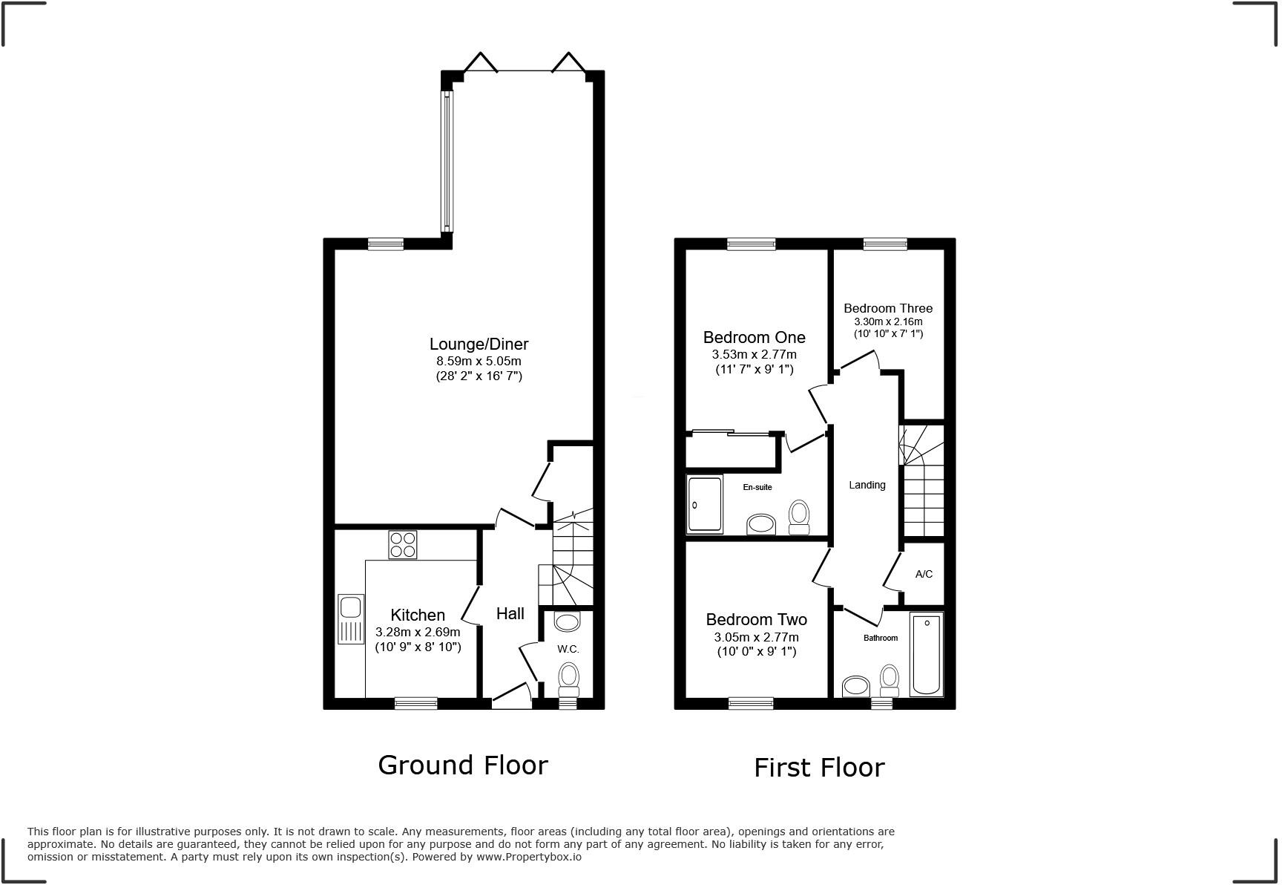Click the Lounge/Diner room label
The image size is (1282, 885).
tap(479, 344)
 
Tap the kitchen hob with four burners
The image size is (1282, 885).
tap(402, 545)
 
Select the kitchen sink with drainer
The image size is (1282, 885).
tap(349, 618)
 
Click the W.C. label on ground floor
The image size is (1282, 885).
tap(568, 649)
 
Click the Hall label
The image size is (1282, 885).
tap(510, 613)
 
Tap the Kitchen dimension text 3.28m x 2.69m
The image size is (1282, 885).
tap(418, 633)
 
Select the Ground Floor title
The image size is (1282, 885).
tap(463, 765)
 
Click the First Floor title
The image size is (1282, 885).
tap(819, 767)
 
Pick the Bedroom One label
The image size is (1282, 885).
tap(754, 338)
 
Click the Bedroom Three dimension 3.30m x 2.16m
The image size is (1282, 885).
tap(888, 322)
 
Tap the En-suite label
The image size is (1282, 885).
tap(757, 488)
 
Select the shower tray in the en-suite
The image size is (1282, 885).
tap(704, 504)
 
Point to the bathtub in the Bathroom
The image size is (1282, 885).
tap(926, 654)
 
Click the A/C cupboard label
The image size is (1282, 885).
tap(924, 574)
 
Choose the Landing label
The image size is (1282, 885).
tap(867, 485)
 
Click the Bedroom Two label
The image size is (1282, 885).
tap(756, 619)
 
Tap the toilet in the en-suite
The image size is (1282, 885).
tap(798, 516)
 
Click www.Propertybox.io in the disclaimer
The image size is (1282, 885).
tap(528, 857)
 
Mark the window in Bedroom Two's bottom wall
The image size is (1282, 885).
tap(751, 703)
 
